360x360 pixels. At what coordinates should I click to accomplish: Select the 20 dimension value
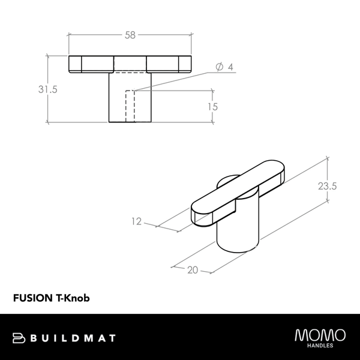(x=193, y=270)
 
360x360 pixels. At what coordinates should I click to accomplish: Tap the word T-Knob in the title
(x=73, y=297)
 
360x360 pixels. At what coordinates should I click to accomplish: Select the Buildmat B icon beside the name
(x=18, y=338)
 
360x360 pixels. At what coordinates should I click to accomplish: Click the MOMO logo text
(x=320, y=334)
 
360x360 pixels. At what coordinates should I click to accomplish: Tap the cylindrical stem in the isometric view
(x=237, y=231)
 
